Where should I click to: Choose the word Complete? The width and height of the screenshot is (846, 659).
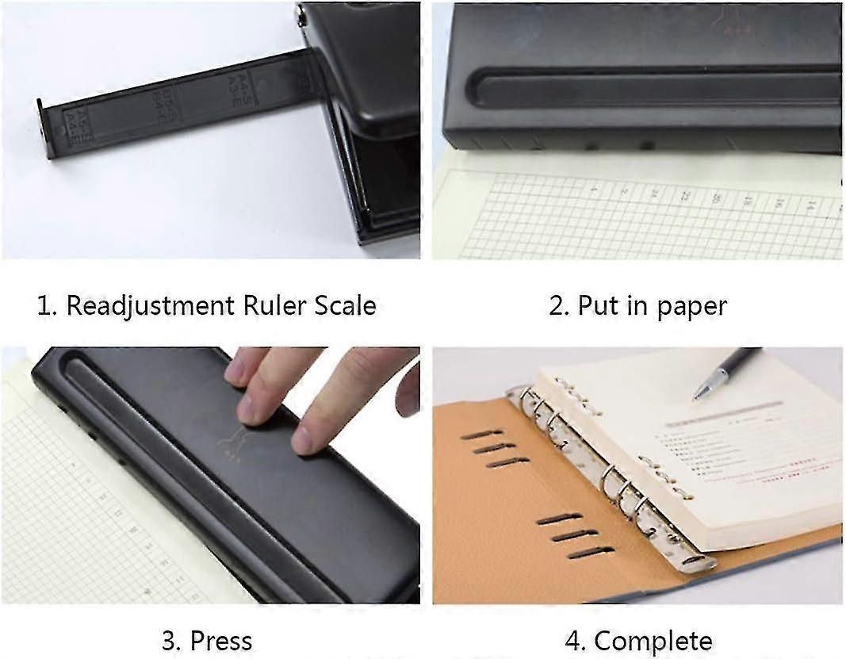point(653,640)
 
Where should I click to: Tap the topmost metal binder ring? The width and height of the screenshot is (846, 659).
point(526,397)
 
